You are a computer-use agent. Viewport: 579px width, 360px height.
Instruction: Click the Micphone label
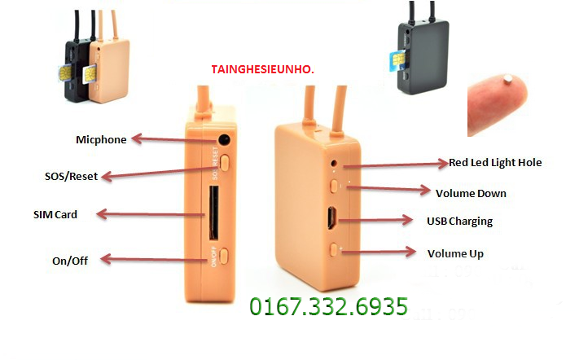click(x=101, y=139)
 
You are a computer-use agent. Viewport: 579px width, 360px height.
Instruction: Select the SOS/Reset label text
click(x=72, y=176)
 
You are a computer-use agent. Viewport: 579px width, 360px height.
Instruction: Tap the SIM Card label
click(x=55, y=214)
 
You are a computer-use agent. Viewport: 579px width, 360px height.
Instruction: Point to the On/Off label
click(x=70, y=261)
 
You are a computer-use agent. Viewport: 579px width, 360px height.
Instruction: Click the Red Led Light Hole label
click(x=495, y=162)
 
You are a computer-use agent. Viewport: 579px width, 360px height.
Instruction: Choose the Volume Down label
click(x=471, y=194)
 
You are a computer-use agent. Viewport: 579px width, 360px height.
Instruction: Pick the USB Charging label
click(x=460, y=222)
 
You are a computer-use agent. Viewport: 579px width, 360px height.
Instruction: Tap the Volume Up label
click(x=455, y=253)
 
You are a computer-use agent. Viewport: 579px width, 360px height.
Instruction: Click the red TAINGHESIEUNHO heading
click(x=262, y=69)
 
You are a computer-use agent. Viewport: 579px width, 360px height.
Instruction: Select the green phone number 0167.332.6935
click(x=329, y=306)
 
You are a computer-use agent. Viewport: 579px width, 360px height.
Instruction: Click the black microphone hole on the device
click(x=224, y=139)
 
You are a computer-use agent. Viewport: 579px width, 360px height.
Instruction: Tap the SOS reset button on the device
click(x=225, y=162)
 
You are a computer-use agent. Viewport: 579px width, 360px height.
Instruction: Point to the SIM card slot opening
click(x=213, y=213)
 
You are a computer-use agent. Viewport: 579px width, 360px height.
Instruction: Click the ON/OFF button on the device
click(x=224, y=256)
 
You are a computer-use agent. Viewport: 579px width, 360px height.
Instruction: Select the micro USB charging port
click(x=331, y=217)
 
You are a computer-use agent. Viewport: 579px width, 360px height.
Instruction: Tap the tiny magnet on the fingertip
click(x=508, y=77)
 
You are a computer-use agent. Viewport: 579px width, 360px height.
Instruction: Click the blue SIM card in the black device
click(x=397, y=60)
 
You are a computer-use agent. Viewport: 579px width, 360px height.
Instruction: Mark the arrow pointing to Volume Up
click(x=379, y=252)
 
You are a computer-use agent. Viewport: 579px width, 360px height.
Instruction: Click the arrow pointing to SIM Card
click(x=151, y=214)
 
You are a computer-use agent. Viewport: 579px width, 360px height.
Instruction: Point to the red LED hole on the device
click(x=334, y=163)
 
